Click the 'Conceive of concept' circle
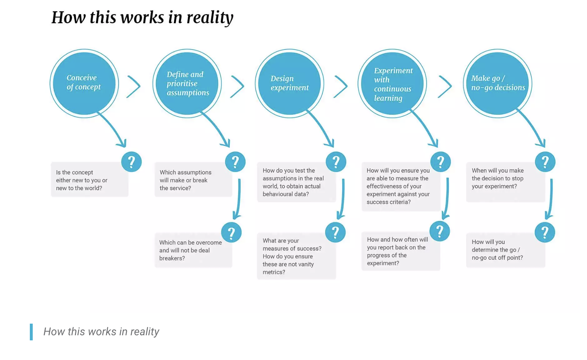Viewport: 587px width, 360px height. click(x=84, y=83)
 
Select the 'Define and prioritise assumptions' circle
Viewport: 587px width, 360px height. click(x=187, y=83)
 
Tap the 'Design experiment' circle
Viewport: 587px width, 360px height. click(x=289, y=83)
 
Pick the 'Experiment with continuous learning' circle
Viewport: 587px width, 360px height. click(x=392, y=83)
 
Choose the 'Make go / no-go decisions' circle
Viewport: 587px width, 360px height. click(x=497, y=83)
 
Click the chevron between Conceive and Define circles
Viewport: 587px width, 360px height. click(x=134, y=87)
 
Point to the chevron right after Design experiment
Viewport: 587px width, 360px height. click(x=341, y=87)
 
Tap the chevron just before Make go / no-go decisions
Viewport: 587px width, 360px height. click(x=445, y=87)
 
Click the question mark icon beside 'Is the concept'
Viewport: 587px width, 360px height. click(x=131, y=162)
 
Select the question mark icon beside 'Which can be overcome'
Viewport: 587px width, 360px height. click(x=231, y=232)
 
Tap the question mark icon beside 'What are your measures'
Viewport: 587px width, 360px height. click(x=335, y=232)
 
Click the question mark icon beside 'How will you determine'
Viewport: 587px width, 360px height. click(x=545, y=232)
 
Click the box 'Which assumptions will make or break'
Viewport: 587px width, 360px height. click(x=193, y=180)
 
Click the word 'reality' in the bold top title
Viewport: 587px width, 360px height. click(x=210, y=17)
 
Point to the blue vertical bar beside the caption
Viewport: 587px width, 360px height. click(x=31, y=332)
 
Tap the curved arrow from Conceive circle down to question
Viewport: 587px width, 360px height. click(x=113, y=129)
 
